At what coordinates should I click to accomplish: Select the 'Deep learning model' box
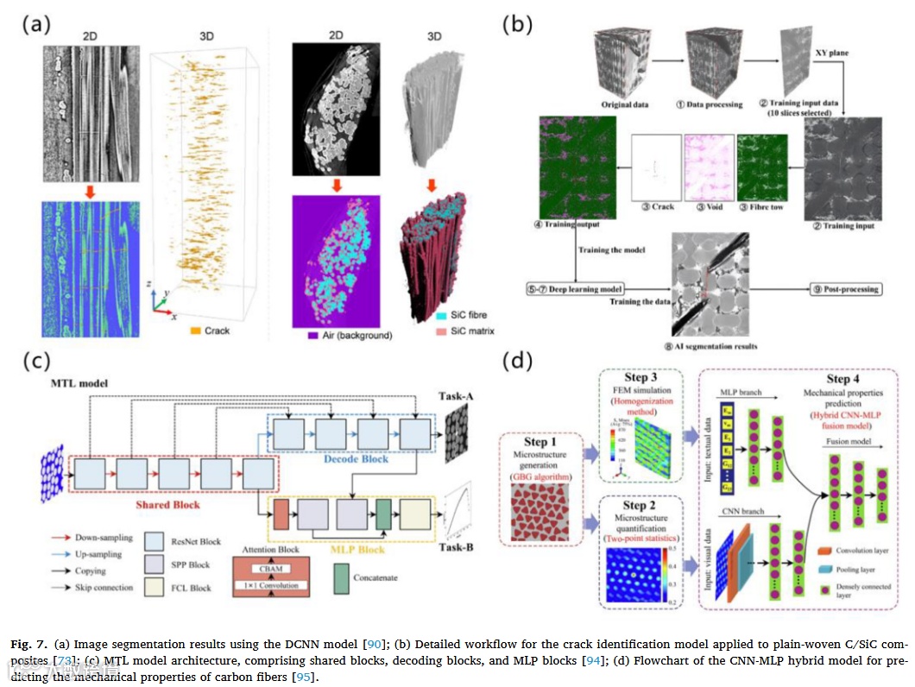pos(574,289)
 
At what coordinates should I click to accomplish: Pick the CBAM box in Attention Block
pos(271,569)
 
